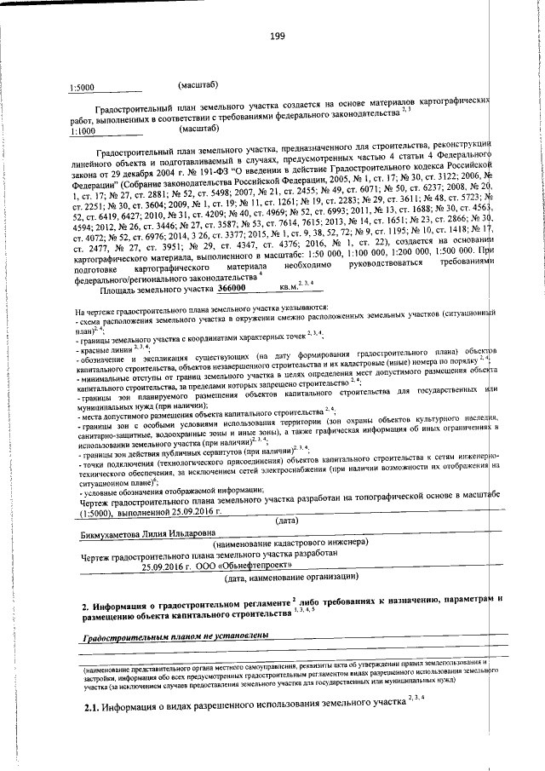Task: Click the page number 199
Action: [277, 35]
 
